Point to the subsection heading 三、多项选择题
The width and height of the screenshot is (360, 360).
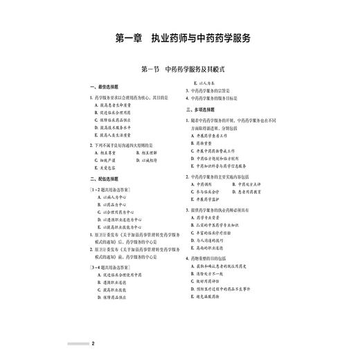pos(201,110)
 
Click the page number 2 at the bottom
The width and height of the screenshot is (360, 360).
pos(93,343)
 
